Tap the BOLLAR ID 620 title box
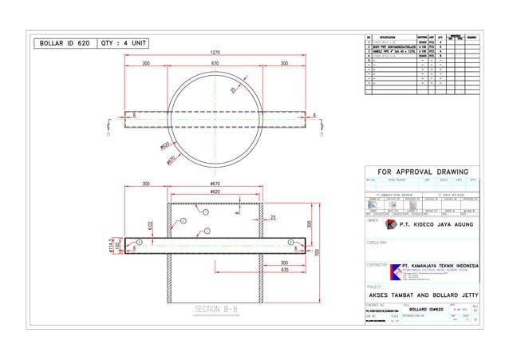tap(61, 43)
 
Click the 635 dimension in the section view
tap(284, 270)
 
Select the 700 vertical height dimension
tap(317, 252)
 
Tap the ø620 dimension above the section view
tap(215, 192)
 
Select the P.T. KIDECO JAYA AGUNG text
tap(433, 225)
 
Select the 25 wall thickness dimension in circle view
tap(233, 91)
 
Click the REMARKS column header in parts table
tap(472, 37)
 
